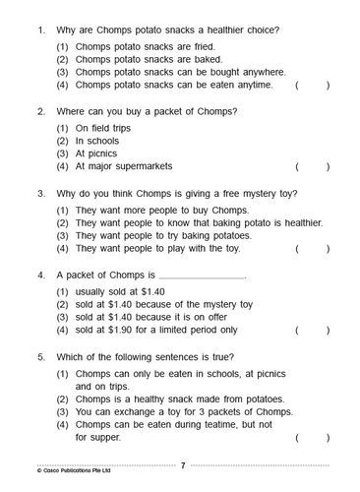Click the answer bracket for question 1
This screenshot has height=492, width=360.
coord(312,85)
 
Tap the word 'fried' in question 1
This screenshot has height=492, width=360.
coord(201,46)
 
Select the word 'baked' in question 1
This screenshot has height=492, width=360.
coord(203,59)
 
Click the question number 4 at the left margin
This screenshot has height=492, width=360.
coord(39,273)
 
